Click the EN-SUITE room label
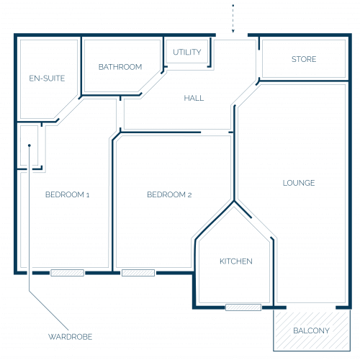click(x=47, y=78)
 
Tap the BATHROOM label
click(x=120, y=67)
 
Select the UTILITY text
click(x=187, y=52)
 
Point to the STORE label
click(x=304, y=59)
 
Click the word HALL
click(x=194, y=98)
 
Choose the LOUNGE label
click(x=299, y=183)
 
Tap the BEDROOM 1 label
click(x=68, y=194)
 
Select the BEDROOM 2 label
click(x=169, y=194)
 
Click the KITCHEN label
click(x=236, y=261)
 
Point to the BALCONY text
click(x=311, y=330)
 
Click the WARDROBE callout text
click(x=71, y=337)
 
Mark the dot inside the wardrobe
click(x=30, y=145)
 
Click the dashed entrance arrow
click(x=233, y=19)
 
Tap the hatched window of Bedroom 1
click(x=68, y=273)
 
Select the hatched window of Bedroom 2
click(x=138, y=273)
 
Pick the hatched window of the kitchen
click(x=243, y=307)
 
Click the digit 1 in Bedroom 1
click(x=88, y=195)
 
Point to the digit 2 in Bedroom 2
click(x=189, y=195)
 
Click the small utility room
click(x=187, y=52)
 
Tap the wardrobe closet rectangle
click(x=30, y=145)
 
